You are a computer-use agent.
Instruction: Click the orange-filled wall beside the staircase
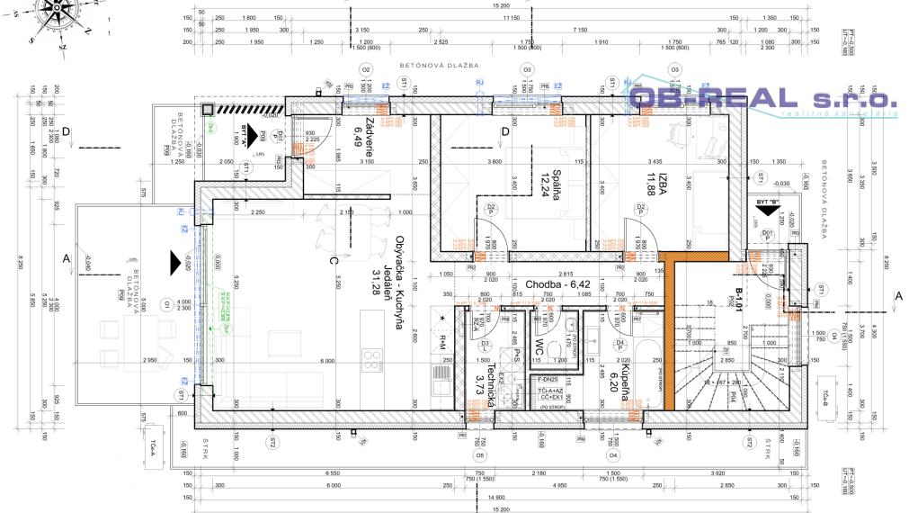point(669,333)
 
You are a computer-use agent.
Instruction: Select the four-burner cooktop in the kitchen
point(372,360)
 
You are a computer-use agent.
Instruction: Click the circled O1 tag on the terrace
point(167,305)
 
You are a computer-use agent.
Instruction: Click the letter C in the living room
point(334,261)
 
